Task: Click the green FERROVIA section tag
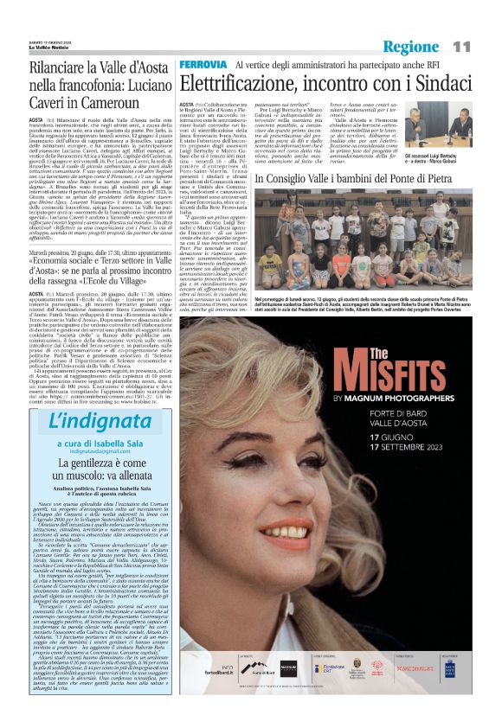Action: tap(203, 65)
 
